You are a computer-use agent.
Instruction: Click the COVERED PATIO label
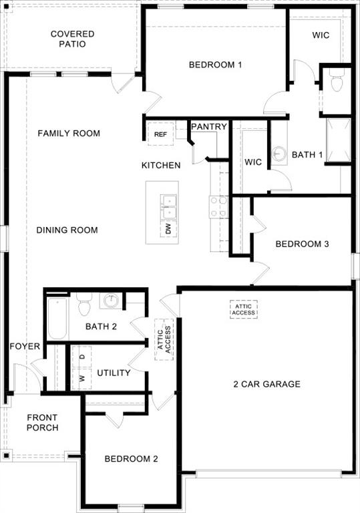[x=72, y=39]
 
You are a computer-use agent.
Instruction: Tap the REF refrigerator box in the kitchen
[x=160, y=134]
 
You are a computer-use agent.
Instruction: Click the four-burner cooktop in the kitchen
[x=216, y=206]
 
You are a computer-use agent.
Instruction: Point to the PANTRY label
[x=209, y=126]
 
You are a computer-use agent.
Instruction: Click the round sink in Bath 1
[x=279, y=155]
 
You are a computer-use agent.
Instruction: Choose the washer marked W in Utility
[x=82, y=378]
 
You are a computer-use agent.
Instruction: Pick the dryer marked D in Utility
[x=82, y=357]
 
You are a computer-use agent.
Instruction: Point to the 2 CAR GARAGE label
[x=266, y=384]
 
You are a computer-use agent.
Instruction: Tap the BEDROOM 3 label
[x=303, y=244]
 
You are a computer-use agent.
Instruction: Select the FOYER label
[x=25, y=347]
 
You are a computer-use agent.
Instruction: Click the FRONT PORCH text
[x=43, y=423]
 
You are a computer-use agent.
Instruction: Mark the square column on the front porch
[x=6, y=456]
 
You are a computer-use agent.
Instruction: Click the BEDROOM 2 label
[x=131, y=459]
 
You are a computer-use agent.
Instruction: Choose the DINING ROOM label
[x=67, y=230]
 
